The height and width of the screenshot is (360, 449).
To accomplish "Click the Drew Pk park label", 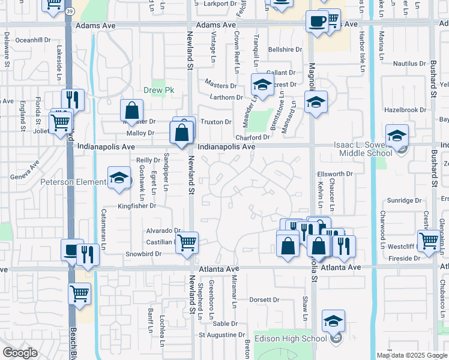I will coord(158,91).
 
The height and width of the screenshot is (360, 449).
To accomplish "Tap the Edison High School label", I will coord(291,338).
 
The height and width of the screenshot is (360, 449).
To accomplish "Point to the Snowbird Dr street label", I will coord(143,254).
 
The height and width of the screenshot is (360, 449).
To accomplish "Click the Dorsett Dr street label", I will coord(265,299).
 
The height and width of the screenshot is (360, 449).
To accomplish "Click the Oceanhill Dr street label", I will coord(33,40).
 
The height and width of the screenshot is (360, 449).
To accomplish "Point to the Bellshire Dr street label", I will coord(285,50).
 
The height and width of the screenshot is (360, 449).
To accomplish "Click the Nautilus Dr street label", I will coord(408,63).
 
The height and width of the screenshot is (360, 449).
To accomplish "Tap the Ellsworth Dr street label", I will coord(334,174).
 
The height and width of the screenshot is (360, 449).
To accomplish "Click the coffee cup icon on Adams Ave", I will coord(316,21).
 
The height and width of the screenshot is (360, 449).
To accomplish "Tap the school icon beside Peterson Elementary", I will coord(119,178).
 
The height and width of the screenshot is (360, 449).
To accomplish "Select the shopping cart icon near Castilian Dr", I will coord(187,242).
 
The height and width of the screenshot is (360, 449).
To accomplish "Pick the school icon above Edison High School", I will coord(333,321).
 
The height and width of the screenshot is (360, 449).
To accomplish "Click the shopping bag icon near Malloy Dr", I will coord(131,110).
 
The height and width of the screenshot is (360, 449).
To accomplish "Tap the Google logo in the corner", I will coord(20,353).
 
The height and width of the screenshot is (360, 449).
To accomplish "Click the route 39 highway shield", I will coord(71,11).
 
